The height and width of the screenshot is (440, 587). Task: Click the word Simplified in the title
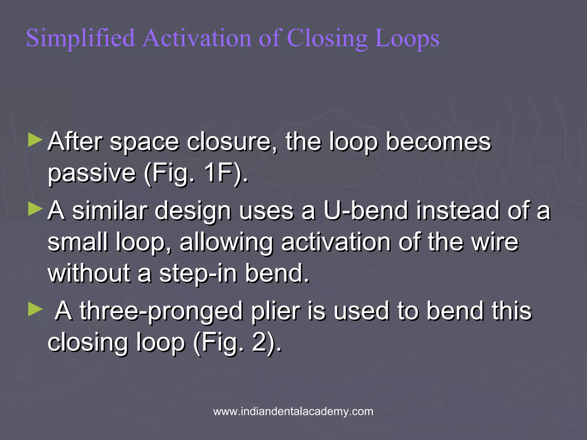[x=81, y=38]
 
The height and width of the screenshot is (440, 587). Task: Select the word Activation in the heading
[x=197, y=38]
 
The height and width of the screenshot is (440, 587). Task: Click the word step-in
[x=198, y=274]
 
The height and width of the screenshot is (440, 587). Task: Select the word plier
[x=275, y=312]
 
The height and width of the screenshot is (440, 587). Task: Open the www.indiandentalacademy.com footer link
[x=293, y=411]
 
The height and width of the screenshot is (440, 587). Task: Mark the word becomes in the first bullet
[x=439, y=141]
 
